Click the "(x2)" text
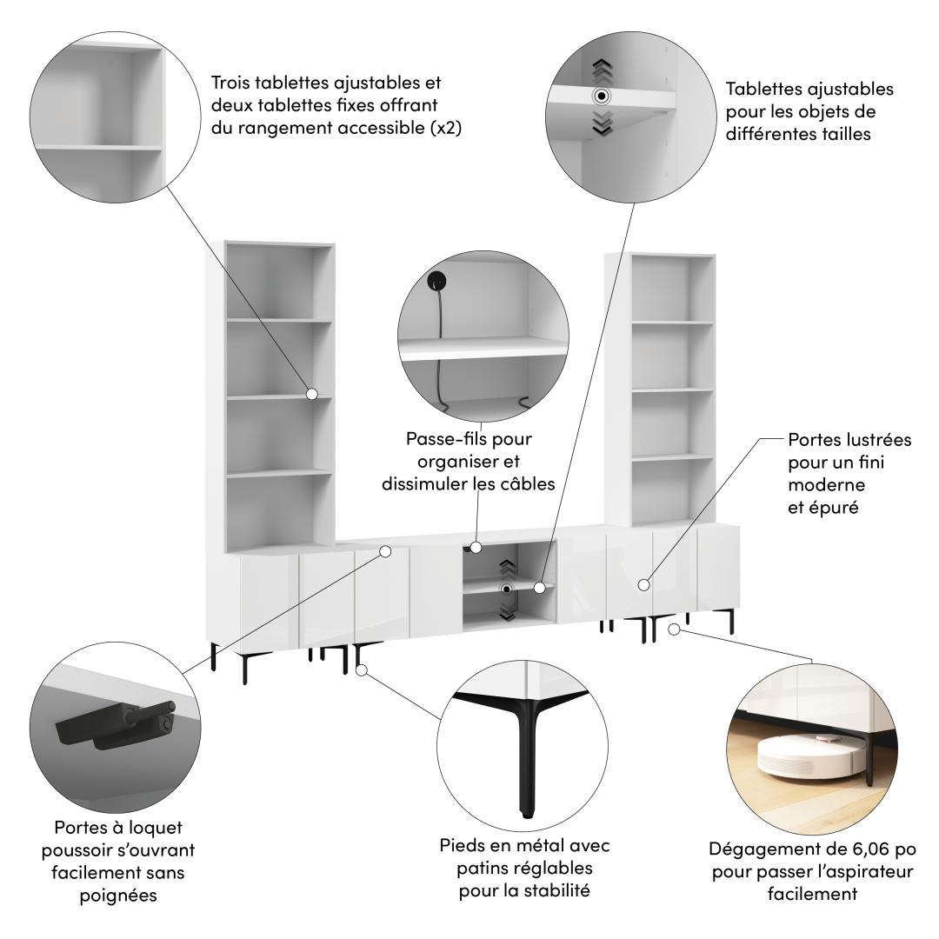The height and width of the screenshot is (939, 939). click(447, 128)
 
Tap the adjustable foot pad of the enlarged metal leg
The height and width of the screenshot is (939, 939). click(526, 813)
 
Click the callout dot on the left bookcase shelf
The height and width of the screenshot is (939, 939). click(312, 394)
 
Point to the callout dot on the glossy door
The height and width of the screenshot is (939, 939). click(643, 584)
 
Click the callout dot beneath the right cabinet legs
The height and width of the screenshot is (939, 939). click(675, 629)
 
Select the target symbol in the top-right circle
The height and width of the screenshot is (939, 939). click(602, 96)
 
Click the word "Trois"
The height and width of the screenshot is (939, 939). click(230, 82)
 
